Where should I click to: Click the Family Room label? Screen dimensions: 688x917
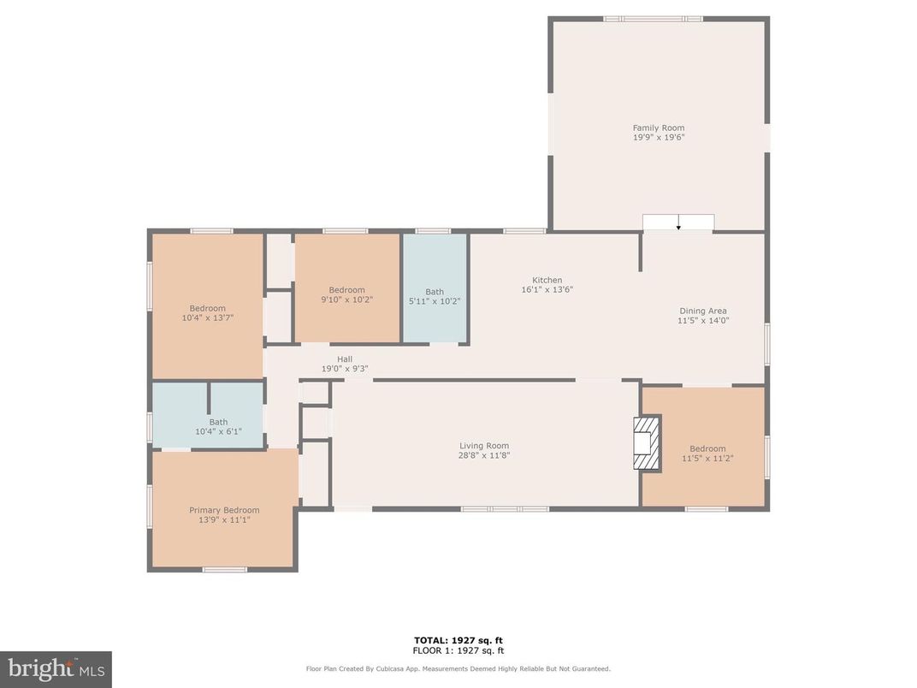(x=658, y=128)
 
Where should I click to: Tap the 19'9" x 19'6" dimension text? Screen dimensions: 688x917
(x=658, y=137)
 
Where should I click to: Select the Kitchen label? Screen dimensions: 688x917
(x=547, y=280)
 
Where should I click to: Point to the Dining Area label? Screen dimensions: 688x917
(x=702, y=311)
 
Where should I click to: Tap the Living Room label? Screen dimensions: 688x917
(x=484, y=445)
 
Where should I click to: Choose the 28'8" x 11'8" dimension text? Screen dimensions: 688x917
(x=484, y=455)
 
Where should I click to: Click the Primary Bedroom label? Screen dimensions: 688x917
(x=223, y=510)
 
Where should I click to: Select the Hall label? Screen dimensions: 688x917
(x=344, y=359)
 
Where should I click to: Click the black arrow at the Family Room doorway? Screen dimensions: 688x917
(x=678, y=227)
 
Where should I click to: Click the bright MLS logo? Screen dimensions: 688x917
(x=56, y=668)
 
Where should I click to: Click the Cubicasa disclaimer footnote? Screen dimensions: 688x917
(x=458, y=669)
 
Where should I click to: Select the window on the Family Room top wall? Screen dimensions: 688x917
(x=653, y=19)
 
